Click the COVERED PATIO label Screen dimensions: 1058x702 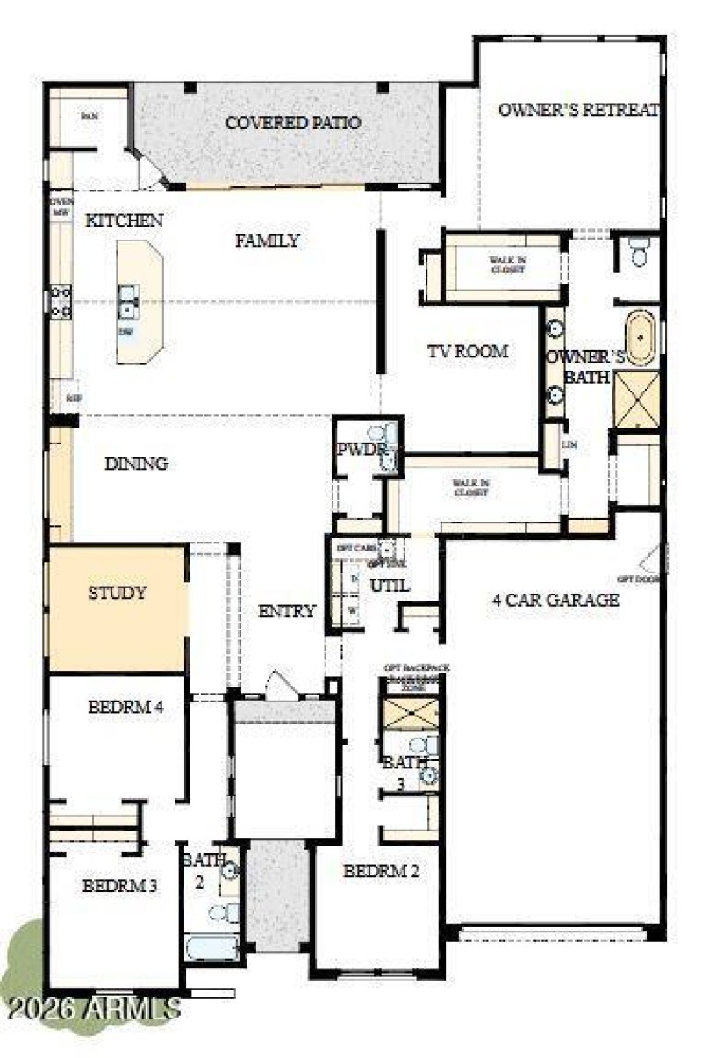pos(293,122)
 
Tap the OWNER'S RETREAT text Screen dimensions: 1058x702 pos(578,110)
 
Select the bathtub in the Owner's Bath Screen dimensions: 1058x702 pos(639,337)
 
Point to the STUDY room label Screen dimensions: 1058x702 pos(117,593)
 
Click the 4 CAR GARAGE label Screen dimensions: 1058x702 pos(555,601)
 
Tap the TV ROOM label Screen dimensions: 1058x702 pos(468,351)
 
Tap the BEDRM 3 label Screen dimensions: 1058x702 pos(120,886)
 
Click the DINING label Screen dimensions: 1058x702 pos(136,464)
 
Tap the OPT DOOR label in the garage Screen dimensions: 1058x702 pos(636,579)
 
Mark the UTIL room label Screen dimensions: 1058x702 pos(389,585)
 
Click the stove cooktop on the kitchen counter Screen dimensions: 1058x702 pos(60,301)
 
